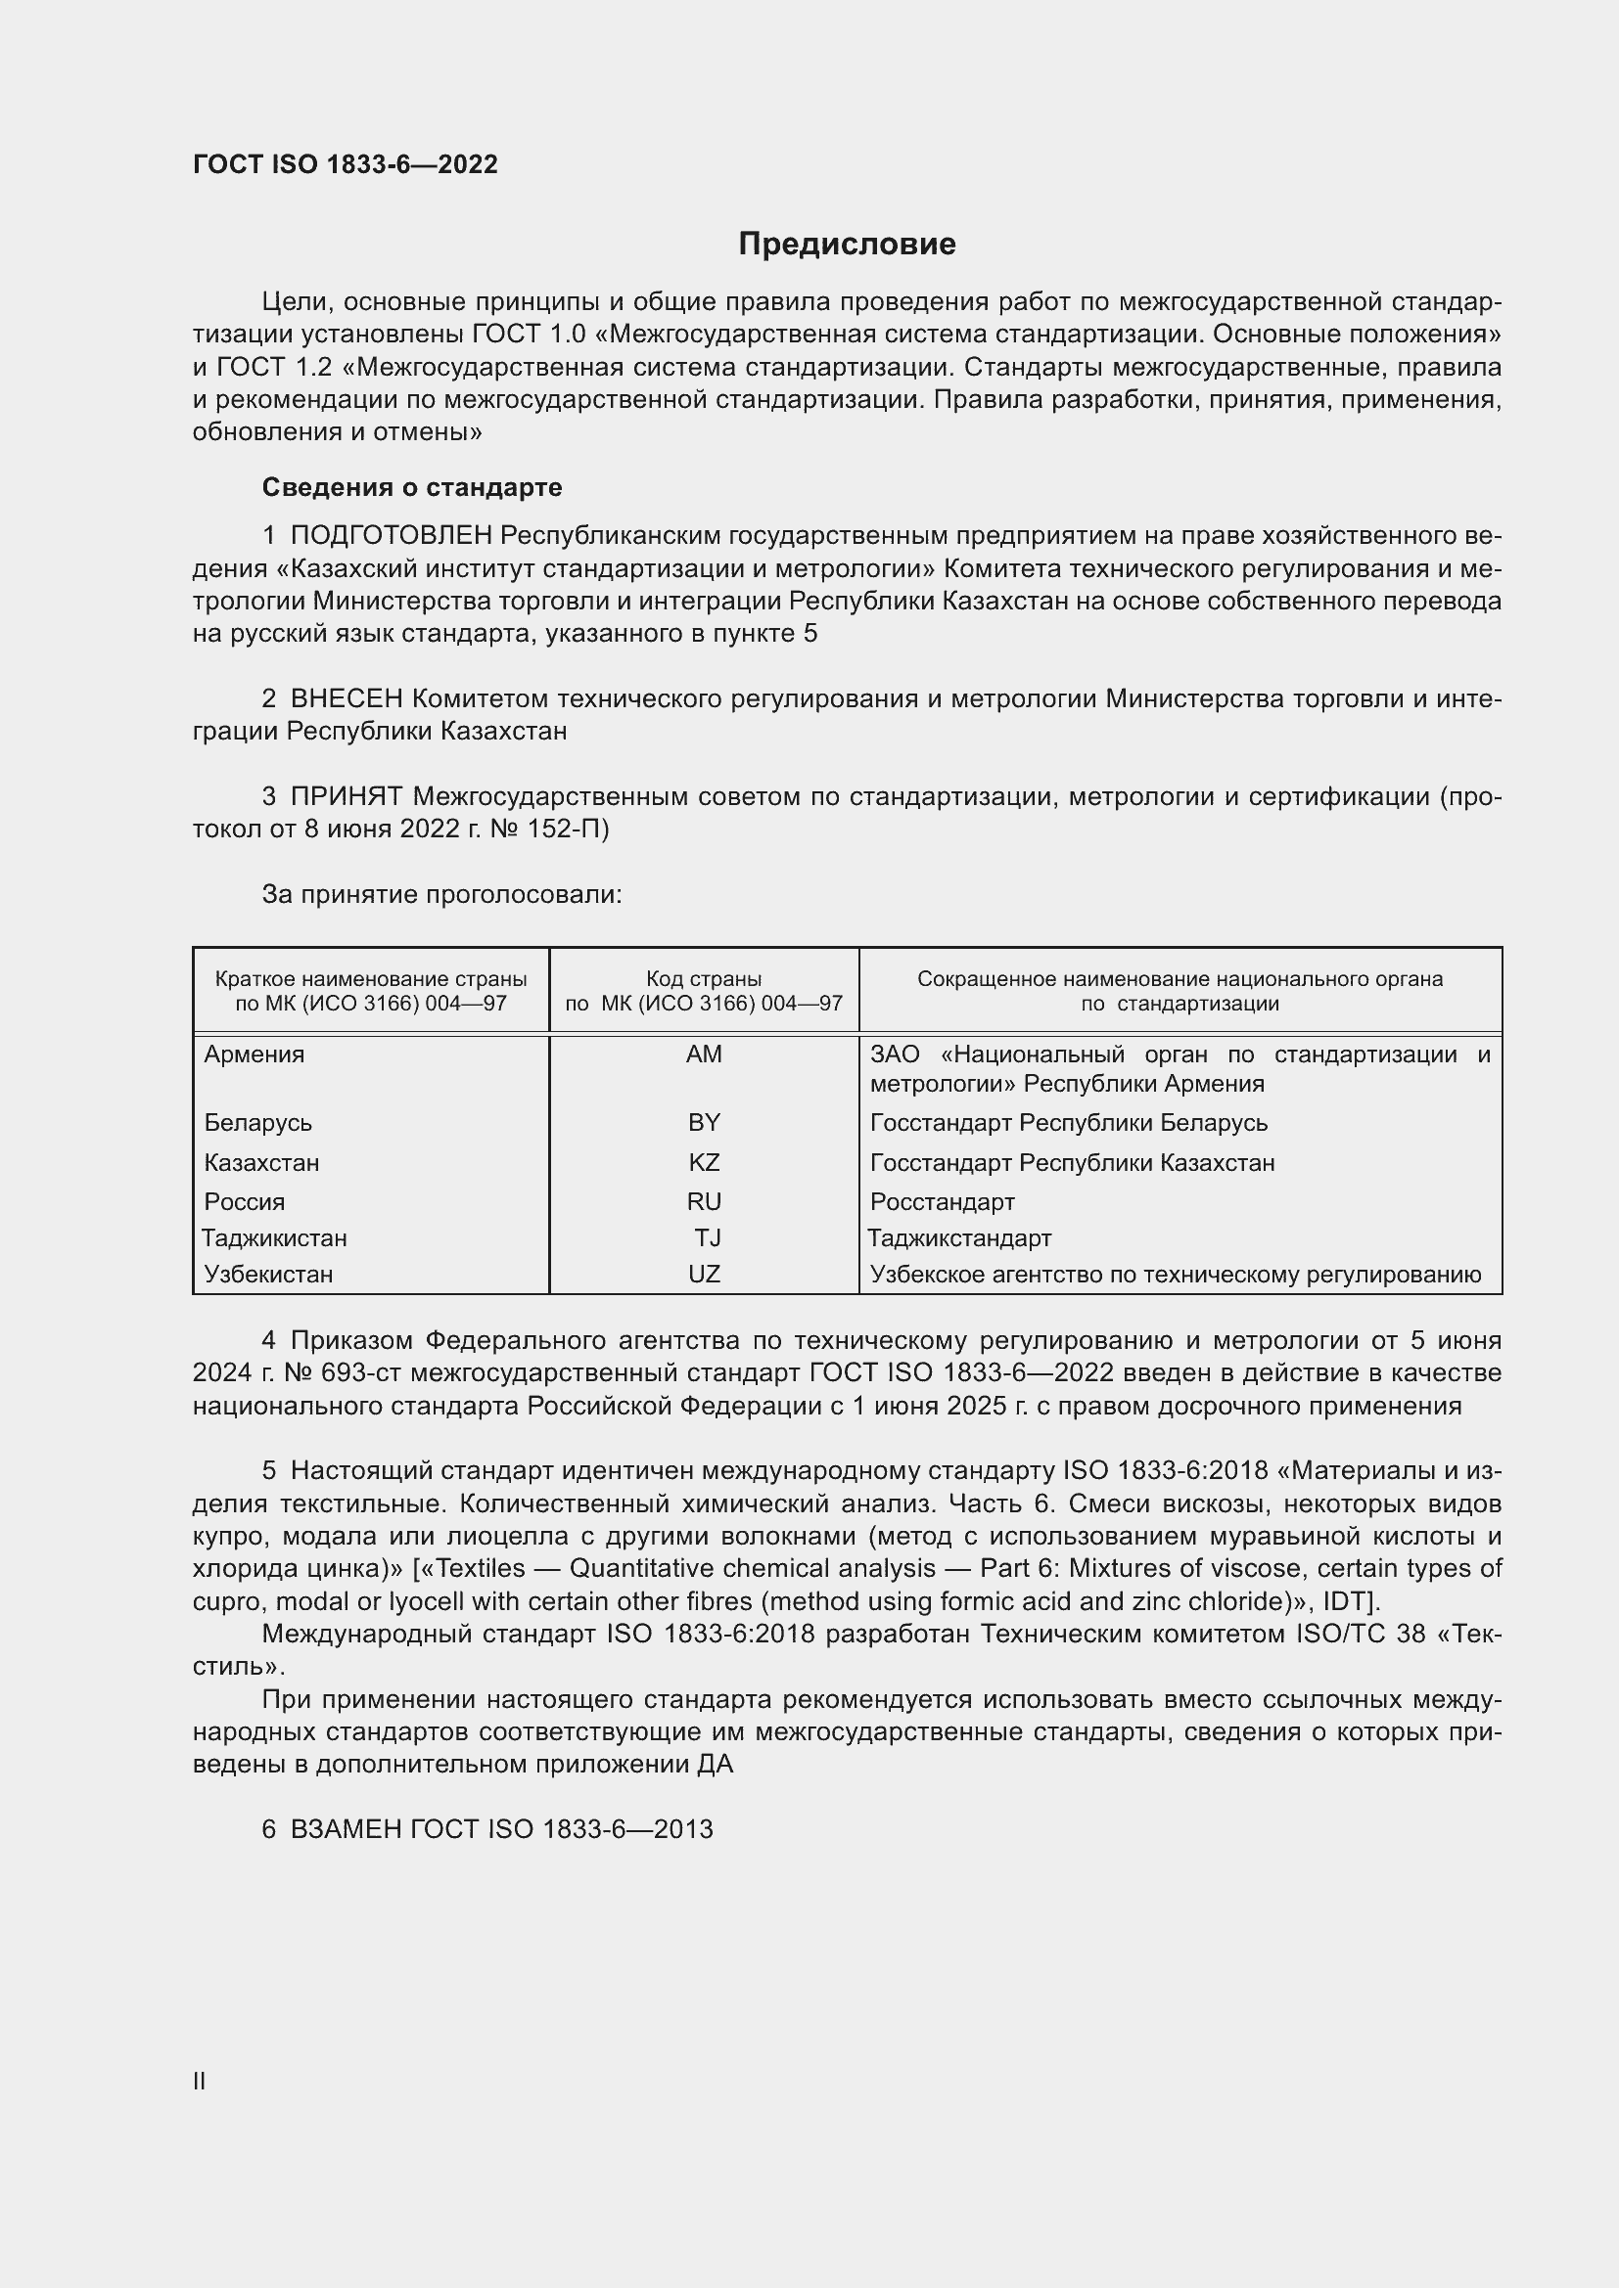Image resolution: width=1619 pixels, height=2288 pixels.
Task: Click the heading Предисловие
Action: point(847,245)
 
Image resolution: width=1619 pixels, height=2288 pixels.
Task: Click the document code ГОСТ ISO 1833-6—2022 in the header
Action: point(345,165)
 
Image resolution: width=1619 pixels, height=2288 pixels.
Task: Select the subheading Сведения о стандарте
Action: point(412,487)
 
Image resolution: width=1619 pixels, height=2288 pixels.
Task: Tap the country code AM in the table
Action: point(704,1054)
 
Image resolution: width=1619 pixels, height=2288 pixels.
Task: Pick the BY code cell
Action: point(704,1123)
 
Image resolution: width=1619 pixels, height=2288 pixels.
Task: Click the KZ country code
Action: point(704,1163)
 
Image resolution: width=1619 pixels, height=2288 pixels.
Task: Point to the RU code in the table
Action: point(704,1202)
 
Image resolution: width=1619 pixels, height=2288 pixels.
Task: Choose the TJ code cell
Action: point(708,1238)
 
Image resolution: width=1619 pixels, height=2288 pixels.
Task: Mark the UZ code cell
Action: point(704,1275)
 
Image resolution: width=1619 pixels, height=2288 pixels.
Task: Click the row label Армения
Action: point(254,1054)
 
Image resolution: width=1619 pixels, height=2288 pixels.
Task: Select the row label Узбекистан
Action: point(268,1275)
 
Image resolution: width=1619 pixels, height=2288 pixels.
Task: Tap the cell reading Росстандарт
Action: point(942,1202)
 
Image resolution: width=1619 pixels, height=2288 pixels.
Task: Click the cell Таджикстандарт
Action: point(959,1238)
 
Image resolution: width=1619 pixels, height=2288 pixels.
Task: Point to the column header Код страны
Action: point(704,979)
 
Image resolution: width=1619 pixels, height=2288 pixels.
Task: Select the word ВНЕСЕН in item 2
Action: point(346,698)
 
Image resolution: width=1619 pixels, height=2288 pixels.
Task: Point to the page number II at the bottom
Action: point(200,2082)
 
